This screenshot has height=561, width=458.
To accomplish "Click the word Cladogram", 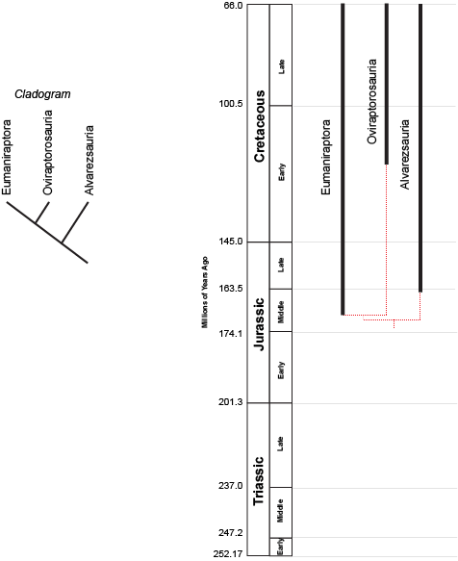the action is coord(42,94).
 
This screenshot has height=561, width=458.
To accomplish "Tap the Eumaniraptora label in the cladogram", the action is coord(7,157).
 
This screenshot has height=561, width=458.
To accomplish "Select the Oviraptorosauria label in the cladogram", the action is coord(47,152).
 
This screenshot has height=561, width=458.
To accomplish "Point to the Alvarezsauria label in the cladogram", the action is coord(89,160).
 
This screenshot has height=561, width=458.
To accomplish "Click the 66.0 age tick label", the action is coord(234,6).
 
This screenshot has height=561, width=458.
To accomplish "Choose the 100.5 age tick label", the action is coord(231,104).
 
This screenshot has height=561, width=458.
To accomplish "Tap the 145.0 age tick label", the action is coord(231,242).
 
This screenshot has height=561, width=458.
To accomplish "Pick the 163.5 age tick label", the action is coord(231,289).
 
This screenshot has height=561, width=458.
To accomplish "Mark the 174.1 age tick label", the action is coord(231,334).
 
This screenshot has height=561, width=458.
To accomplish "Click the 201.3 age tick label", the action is coord(231,402).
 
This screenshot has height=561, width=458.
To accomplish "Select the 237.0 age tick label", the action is coord(231,486).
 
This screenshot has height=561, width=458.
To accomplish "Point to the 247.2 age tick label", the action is coord(231,533).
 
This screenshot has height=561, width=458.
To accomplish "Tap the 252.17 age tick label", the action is coord(228,554).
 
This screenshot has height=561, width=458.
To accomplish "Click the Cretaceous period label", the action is coord(259,126).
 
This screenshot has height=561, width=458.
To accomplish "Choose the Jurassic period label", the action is coord(259,324).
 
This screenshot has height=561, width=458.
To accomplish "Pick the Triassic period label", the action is coord(258,481).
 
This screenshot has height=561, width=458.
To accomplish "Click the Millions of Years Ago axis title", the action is coord(205,292).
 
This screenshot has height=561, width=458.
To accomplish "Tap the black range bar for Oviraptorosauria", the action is coord(387,84).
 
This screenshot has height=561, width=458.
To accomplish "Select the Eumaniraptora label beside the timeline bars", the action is coord(325,157).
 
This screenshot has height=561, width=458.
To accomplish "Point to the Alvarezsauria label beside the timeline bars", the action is coord(404,154).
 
